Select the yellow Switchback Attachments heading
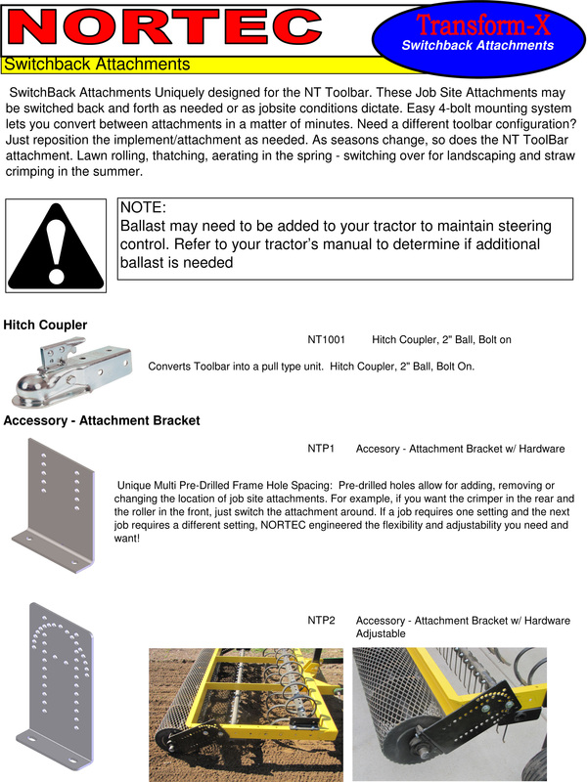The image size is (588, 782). (x=97, y=65)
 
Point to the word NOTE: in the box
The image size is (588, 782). (x=143, y=208)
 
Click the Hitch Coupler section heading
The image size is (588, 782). (x=45, y=325)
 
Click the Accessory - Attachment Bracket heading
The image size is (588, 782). (x=102, y=420)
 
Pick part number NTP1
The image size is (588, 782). (x=321, y=449)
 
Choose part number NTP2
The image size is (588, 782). (x=321, y=621)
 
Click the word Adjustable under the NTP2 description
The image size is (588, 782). (x=381, y=633)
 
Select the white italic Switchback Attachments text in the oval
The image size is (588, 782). (x=477, y=45)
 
